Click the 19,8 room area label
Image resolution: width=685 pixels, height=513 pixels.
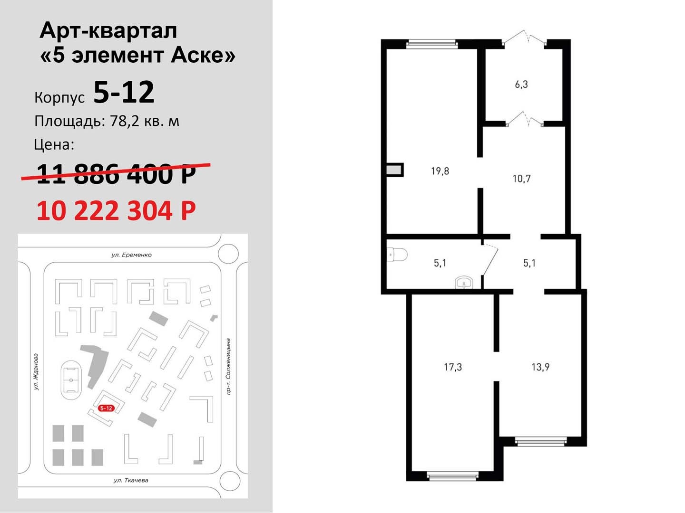440,171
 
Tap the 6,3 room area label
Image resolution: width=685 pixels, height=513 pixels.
521,85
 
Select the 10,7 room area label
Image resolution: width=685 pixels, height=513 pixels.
521,179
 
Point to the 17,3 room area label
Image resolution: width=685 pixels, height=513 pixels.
453,367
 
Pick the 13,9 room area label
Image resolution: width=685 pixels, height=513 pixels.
540,367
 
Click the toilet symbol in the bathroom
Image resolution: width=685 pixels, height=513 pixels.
397,255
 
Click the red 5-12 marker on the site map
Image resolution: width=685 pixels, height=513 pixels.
107,408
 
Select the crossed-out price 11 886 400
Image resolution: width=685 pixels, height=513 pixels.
116,174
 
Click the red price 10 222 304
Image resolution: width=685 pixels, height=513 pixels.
116,210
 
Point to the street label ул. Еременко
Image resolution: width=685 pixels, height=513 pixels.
132,255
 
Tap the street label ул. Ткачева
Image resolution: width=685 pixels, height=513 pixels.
131,480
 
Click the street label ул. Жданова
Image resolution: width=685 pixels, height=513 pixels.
36,372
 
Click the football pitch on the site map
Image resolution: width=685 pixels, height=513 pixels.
71,380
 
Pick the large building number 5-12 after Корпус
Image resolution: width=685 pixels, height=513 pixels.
124,92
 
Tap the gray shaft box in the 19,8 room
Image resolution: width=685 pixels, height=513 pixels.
394,170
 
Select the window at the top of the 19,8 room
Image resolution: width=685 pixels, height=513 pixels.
432,44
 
